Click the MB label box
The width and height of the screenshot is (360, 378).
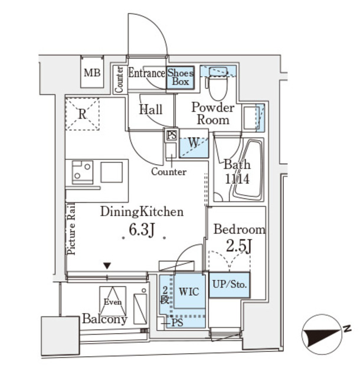coord(91,74)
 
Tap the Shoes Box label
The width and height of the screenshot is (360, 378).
coord(180,77)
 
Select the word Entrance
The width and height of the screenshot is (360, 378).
coord(146,74)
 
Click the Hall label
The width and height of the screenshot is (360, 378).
coord(151,110)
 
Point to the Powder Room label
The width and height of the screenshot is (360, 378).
coord(212,113)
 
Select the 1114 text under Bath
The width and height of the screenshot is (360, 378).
coord(236,178)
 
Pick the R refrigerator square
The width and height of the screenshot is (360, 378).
coord(83,114)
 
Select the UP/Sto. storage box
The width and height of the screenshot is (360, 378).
coord(230,285)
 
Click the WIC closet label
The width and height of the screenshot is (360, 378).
coord(189,291)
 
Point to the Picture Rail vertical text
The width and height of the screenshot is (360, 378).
coord(71,228)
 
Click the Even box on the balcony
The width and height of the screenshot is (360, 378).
coord(112,301)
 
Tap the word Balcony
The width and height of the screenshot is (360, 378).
coord(104,320)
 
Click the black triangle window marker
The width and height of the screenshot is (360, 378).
coord(107,266)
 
